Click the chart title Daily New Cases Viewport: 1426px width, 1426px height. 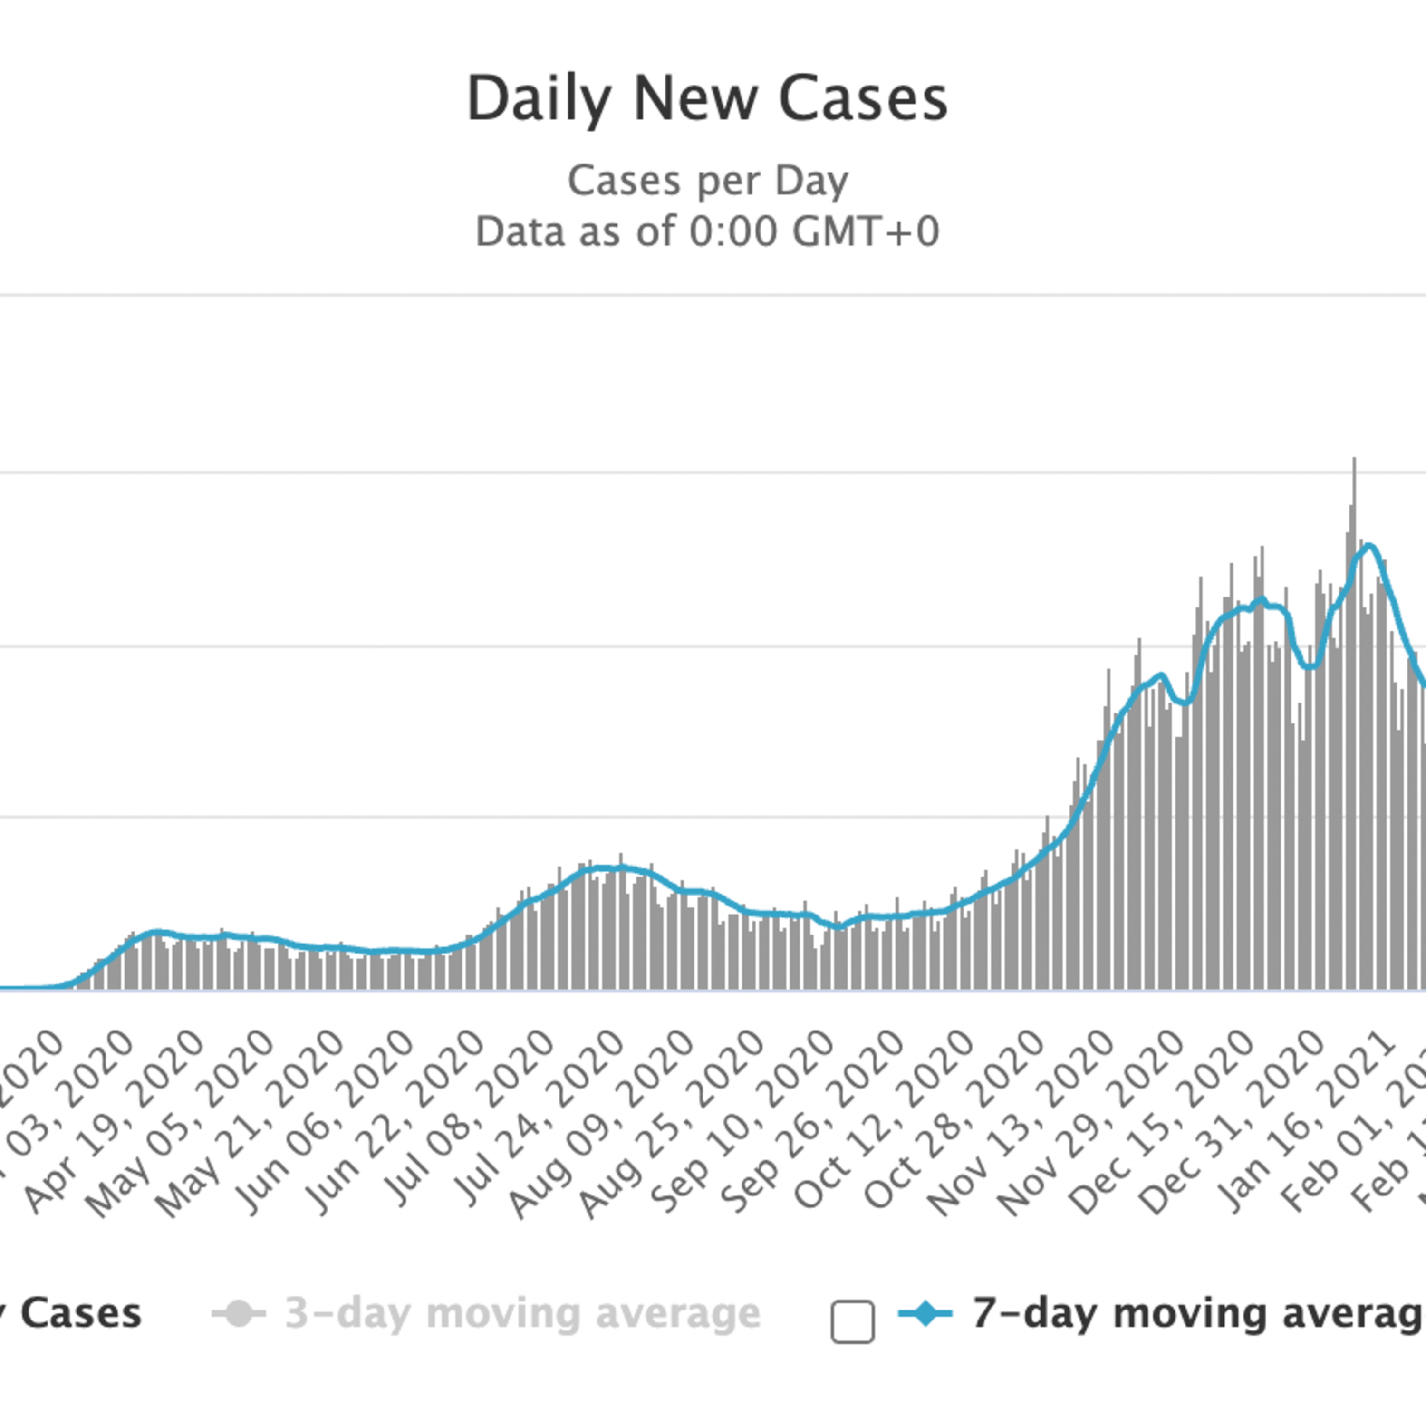point(707,98)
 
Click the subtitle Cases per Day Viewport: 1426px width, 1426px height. point(707,181)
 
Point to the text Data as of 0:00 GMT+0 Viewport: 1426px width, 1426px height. point(707,232)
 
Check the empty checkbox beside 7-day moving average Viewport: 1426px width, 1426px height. point(852,1321)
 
